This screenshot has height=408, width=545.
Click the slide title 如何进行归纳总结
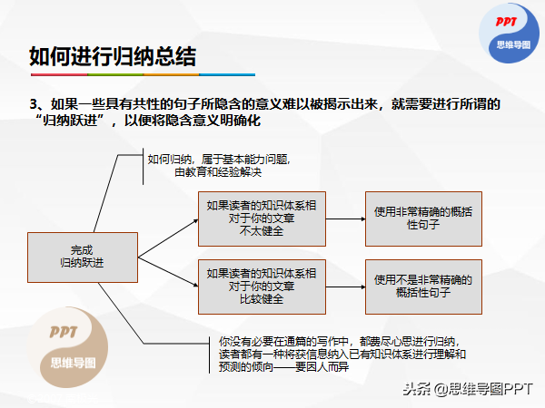pos(113,56)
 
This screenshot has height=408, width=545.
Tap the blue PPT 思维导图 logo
pos(510,34)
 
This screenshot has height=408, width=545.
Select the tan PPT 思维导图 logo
pos(68,347)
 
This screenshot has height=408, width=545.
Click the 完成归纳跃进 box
pos(83,257)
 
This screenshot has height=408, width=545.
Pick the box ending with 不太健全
pos(262,219)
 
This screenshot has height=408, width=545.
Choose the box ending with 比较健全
pos(262,287)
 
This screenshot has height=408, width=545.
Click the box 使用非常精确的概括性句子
pos(423,219)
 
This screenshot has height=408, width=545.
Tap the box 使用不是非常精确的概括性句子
pos(423,287)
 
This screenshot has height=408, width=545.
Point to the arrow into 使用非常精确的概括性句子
pos(345,219)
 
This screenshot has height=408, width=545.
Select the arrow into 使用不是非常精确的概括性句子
pos(345,287)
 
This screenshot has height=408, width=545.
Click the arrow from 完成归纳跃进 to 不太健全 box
pos(168,238)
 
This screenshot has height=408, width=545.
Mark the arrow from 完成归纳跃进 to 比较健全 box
pos(168,272)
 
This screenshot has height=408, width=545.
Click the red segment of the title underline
pos(59,74)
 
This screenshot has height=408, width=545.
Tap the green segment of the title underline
pos(115,74)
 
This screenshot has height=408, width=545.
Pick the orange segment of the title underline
pos(171,74)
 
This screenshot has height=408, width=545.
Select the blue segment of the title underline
pos(227,74)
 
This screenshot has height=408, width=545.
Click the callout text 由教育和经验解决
pos(218,172)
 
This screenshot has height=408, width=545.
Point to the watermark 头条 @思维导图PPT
pos(468,389)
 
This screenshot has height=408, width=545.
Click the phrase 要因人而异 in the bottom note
pos(322,366)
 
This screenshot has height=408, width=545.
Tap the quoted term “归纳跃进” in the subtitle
pos(70,121)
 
